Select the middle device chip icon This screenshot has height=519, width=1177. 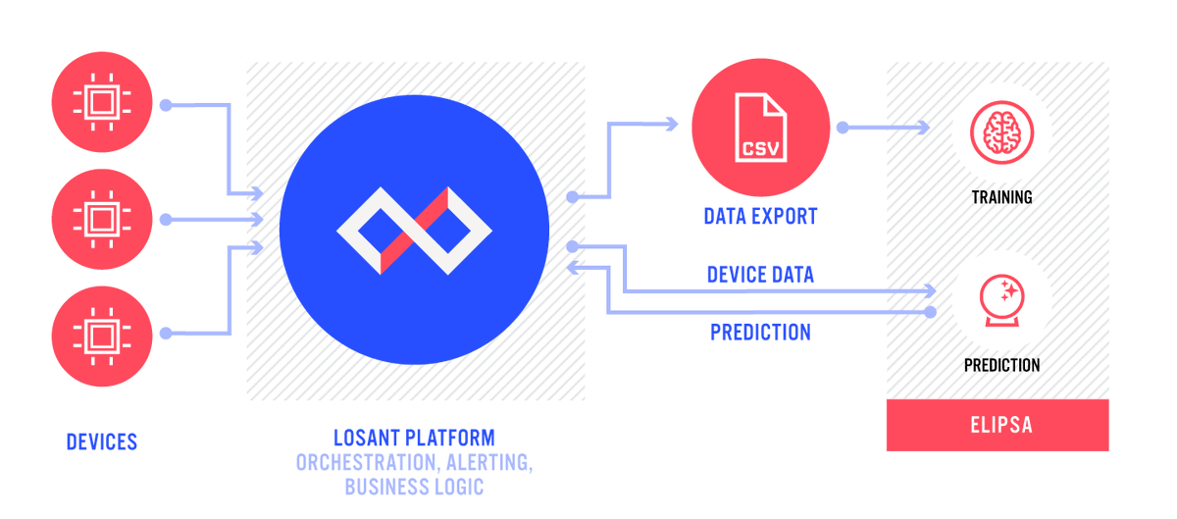pyautogui.click(x=102, y=218)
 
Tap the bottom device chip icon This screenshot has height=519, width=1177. pyautogui.click(x=102, y=335)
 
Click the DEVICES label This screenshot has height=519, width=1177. pyautogui.click(x=102, y=442)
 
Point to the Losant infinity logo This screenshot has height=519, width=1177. pyautogui.click(x=414, y=231)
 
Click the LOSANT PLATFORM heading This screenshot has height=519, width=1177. pyautogui.click(x=414, y=438)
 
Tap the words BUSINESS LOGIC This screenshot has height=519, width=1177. pyautogui.click(x=414, y=487)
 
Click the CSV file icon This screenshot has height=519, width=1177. pyautogui.click(x=760, y=127)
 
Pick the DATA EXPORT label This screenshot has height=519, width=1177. pyautogui.click(x=760, y=217)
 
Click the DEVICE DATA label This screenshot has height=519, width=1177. pyautogui.click(x=760, y=275)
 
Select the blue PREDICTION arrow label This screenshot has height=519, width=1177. pyautogui.click(x=760, y=333)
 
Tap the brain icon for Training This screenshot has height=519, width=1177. pyautogui.click(x=1000, y=130)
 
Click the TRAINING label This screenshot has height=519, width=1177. pyautogui.click(x=1001, y=197)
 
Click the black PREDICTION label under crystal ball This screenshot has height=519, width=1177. pyautogui.click(x=1001, y=365)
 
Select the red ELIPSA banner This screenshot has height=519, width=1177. pyautogui.click(x=998, y=426)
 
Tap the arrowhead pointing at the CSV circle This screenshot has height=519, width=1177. pyautogui.click(x=672, y=124)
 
